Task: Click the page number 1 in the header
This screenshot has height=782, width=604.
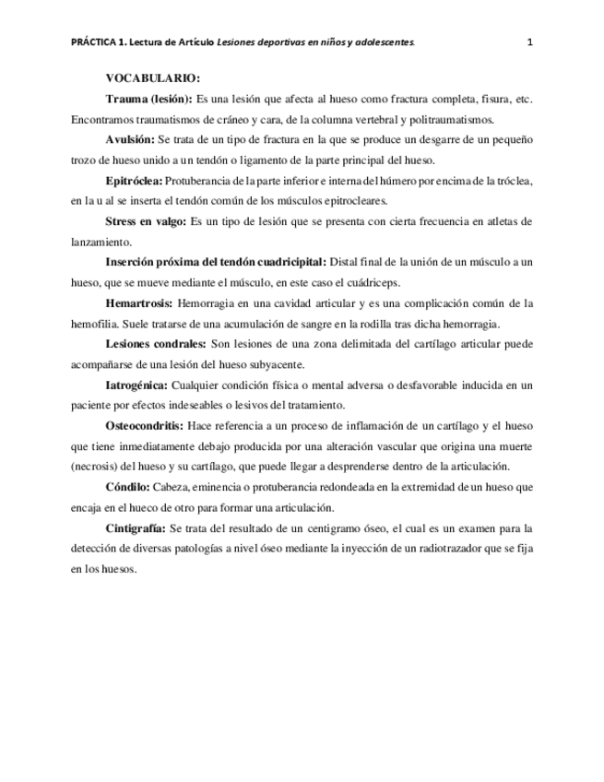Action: [x=530, y=41]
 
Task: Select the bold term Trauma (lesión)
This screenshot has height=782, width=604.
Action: [x=148, y=99]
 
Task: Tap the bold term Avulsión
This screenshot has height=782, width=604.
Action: [x=131, y=139]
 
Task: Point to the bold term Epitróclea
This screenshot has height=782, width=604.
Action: [x=133, y=181]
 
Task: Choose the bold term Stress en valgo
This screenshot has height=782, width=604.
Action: [x=146, y=221]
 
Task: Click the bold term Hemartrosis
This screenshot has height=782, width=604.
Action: [x=139, y=302]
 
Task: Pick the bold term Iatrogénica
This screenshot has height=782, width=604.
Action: [x=136, y=384]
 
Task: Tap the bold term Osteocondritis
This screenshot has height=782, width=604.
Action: [x=145, y=425]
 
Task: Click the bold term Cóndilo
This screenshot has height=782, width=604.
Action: [x=127, y=486]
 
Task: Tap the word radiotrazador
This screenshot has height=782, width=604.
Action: [x=443, y=548]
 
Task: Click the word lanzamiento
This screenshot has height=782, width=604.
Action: [x=101, y=242]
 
